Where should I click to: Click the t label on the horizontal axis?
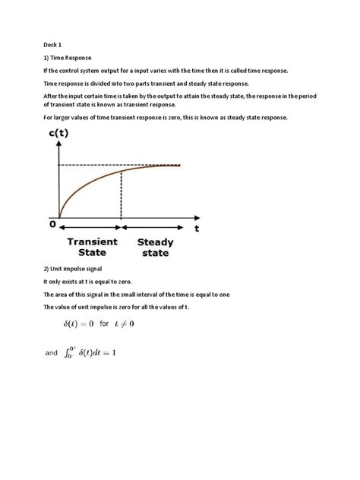click(197, 227)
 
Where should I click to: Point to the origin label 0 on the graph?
click(52, 225)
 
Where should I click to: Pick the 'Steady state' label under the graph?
click(155, 248)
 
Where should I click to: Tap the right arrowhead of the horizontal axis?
click(186, 226)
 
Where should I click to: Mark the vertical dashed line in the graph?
click(122, 197)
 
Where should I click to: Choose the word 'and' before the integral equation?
click(52, 353)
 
